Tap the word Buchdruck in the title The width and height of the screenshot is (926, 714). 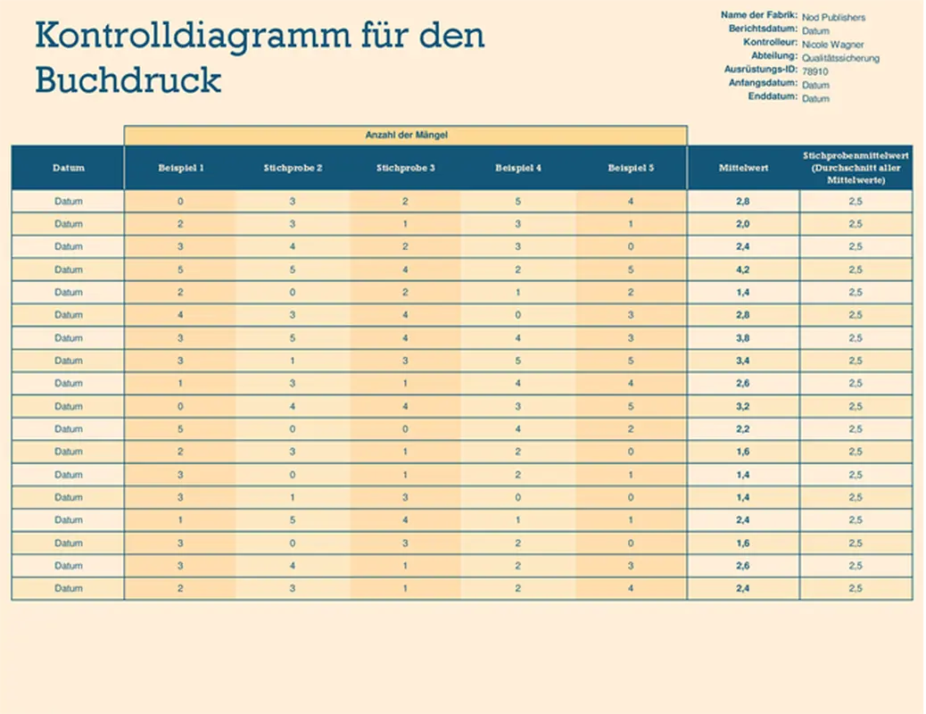[128, 80]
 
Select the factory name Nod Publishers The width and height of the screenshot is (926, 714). [833, 17]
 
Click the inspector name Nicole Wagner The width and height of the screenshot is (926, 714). [832, 44]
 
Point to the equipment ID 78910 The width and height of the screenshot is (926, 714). [814, 71]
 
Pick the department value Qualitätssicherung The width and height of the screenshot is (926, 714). [840, 58]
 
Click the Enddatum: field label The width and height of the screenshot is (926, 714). [773, 96]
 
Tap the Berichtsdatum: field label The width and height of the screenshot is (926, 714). [763, 29]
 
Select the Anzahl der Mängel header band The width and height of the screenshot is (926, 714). [406, 135]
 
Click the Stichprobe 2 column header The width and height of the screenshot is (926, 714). [294, 168]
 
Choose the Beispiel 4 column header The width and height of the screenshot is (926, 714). [518, 168]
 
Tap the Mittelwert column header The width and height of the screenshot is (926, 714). [742, 168]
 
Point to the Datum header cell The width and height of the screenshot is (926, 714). [68, 168]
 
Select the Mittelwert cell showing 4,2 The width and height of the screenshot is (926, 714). [742, 270]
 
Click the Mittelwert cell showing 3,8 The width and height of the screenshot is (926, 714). [742, 338]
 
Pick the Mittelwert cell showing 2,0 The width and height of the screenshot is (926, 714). [742, 224]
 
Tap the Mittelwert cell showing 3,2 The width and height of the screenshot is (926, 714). [742, 406]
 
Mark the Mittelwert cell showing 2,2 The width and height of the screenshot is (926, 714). [742, 429]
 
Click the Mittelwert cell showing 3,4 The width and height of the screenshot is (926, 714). [742, 361]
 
